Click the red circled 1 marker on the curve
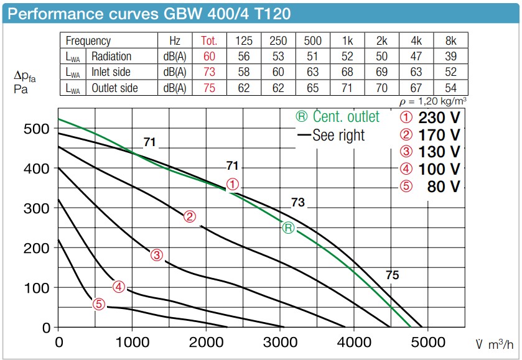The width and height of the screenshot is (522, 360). click(232, 185)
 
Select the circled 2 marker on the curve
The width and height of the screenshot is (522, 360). click(190, 216)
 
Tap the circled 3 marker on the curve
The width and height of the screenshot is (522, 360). click(156, 254)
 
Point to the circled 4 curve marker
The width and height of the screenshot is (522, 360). click(119, 287)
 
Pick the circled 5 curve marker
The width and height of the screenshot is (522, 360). click(98, 304)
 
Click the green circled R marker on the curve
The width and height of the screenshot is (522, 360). click(288, 228)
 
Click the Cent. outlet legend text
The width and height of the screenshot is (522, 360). click(337, 117)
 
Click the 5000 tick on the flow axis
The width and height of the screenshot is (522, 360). click(429, 342)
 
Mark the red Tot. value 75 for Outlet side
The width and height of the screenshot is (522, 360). click(209, 88)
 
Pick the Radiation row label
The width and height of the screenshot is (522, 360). click(111, 57)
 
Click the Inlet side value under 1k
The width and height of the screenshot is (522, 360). click(348, 72)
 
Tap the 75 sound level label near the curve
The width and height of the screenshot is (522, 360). click(392, 275)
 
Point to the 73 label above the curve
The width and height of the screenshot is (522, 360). click(298, 203)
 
